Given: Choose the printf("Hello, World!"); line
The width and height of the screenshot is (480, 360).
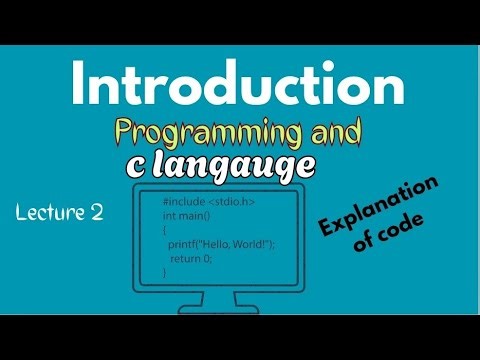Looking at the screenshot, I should [219, 244].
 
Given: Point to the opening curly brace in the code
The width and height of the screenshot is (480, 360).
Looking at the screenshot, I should [165, 230].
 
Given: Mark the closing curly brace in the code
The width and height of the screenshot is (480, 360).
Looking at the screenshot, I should [165, 271].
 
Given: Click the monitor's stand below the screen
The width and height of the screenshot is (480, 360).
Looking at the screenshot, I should [235, 304].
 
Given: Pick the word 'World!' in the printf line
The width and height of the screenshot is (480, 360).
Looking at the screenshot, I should [246, 244].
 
